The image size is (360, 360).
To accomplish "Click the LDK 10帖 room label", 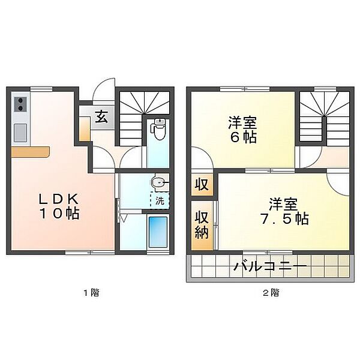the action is [x=59, y=206].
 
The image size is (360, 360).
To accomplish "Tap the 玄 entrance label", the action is [x=101, y=116].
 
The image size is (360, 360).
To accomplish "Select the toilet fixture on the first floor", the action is [x=158, y=129].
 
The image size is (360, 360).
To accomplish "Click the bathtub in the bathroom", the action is [x=158, y=232].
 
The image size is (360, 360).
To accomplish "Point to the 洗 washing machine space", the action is [x=160, y=200].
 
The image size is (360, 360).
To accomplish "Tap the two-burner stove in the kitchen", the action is [x=20, y=104].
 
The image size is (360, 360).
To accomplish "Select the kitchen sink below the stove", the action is [x=20, y=133].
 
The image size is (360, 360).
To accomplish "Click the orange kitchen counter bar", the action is [x=31, y=152].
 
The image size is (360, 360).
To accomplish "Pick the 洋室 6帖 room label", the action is [x=242, y=130].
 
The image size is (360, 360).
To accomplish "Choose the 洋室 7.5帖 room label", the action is [x=284, y=211].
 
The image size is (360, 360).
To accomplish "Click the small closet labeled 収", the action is [x=202, y=184].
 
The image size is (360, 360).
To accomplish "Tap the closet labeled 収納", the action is [x=202, y=226].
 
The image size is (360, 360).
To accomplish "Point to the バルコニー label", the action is [x=270, y=266].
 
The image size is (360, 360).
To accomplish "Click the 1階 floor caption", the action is [x=91, y=293].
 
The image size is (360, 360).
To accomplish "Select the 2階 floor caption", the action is [x=271, y=293].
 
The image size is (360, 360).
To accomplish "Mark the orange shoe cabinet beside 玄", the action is [x=84, y=128].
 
